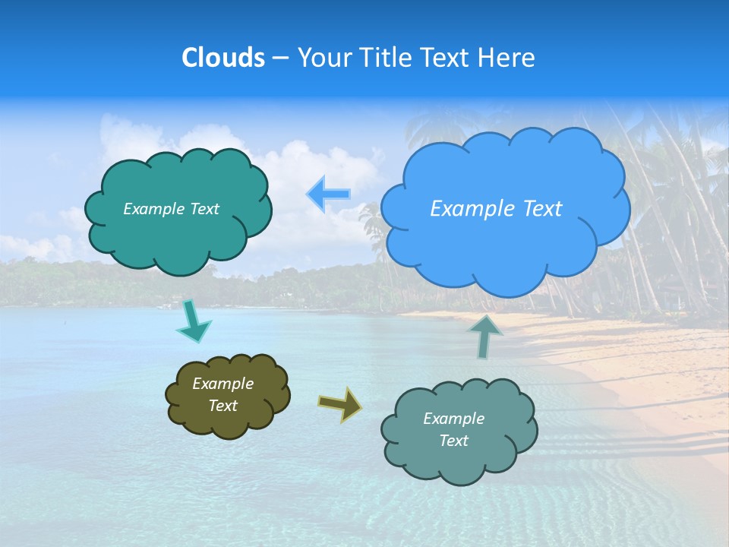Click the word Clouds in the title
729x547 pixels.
point(222,58)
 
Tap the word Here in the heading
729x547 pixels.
point(507,58)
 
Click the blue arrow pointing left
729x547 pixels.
point(329,194)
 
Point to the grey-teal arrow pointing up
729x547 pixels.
point(484,337)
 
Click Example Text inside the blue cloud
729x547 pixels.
point(496,209)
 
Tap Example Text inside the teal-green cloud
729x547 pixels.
point(171,209)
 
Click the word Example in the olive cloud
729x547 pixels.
point(222,384)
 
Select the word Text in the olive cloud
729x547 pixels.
point(222,406)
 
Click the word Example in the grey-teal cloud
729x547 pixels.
point(453,419)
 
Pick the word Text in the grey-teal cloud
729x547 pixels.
point(453,441)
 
